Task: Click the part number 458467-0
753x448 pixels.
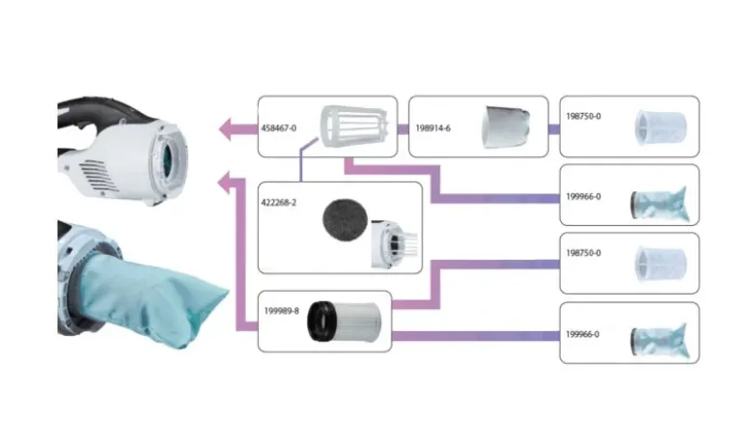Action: [279, 128]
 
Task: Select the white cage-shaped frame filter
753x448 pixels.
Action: [354, 126]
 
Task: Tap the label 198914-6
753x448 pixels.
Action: [432, 128]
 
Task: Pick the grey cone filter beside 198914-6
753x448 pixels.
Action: [505, 126]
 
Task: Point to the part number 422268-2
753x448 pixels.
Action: [279, 203]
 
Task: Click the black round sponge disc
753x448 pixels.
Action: [346, 220]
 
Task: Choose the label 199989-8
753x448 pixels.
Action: [282, 311]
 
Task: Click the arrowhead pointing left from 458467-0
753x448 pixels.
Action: [228, 128]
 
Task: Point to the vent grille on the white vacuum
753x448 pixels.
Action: [98, 176]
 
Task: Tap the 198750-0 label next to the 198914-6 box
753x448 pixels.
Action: [583, 116]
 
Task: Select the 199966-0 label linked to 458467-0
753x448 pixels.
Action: [583, 196]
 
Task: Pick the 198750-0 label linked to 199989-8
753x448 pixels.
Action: [583, 253]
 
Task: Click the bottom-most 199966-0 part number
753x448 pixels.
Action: [582, 334]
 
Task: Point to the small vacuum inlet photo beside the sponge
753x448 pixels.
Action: [394, 244]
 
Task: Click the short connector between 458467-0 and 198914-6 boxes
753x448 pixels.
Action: [403, 128]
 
